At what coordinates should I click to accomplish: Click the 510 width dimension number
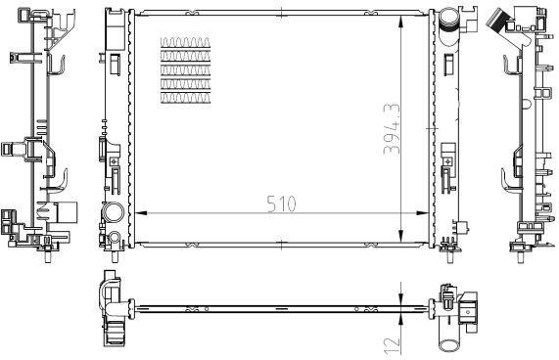281,204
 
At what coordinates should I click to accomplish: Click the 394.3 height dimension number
393,129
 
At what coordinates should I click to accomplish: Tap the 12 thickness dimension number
393,345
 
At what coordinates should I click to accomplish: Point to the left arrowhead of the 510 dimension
142,213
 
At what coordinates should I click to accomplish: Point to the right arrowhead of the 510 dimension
423,213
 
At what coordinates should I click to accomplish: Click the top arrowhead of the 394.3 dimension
401,22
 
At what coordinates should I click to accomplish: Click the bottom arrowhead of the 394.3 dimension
401,236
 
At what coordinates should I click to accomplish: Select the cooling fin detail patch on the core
185,70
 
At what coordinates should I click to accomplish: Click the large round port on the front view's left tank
113,212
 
